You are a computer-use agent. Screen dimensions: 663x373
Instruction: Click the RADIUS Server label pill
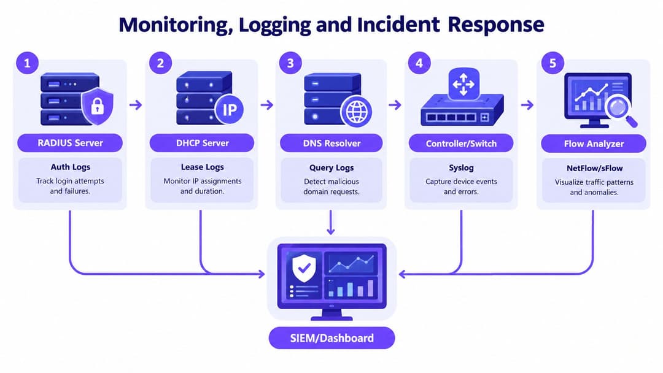70,143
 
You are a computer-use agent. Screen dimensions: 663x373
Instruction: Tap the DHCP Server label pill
202,143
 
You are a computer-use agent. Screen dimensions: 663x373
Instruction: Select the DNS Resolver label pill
331,143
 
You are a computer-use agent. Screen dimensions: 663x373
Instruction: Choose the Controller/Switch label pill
461,144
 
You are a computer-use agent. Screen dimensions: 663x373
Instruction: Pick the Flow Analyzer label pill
594,144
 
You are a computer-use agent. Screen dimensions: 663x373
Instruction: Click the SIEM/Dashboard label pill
332,338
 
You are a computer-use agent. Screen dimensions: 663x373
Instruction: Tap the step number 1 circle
28,63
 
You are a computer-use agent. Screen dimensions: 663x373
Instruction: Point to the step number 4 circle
419,63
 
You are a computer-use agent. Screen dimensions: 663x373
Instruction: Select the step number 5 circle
552,63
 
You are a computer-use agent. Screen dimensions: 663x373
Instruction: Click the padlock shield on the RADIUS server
97,106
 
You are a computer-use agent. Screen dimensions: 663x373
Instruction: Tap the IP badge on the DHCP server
229,110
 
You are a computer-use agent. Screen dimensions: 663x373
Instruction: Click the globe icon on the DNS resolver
356,112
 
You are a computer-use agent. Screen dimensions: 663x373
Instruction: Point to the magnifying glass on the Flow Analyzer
620,109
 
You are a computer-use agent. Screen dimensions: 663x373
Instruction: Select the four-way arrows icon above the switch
463,83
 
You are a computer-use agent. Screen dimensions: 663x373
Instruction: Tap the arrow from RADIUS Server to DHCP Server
136,105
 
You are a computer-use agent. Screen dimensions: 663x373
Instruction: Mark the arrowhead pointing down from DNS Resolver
331,231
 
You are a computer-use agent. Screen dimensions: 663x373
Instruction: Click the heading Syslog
461,167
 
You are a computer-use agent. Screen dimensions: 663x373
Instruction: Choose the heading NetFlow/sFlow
594,168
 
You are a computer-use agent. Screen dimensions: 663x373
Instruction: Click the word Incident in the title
398,25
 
